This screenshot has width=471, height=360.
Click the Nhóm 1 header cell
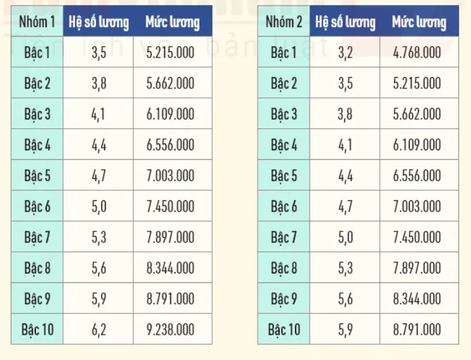(x=37, y=23)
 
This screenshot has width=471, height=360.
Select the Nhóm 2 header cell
(x=284, y=23)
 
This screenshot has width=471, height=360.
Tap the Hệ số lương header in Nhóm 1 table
(x=99, y=23)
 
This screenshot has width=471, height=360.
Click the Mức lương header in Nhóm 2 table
(x=419, y=23)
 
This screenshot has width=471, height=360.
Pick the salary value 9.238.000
(x=170, y=329)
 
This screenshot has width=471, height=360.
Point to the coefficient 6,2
(x=98, y=329)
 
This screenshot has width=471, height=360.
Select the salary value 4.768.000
(x=417, y=53)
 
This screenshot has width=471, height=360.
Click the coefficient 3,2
(x=345, y=53)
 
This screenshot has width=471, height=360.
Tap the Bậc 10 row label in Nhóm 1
(x=37, y=329)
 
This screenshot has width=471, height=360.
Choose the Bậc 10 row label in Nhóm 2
(x=284, y=329)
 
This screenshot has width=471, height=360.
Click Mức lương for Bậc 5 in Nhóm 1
(x=170, y=176)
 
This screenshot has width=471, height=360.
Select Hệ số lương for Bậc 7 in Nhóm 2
(x=345, y=237)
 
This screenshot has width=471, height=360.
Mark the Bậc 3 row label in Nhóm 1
(x=37, y=114)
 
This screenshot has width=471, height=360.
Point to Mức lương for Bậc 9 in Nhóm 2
(x=417, y=298)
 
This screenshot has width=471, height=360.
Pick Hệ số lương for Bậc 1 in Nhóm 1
(x=98, y=53)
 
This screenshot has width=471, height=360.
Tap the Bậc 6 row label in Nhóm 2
(x=284, y=207)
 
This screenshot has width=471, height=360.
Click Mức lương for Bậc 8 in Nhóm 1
(x=170, y=268)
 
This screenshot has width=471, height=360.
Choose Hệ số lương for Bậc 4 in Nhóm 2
(x=345, y=145)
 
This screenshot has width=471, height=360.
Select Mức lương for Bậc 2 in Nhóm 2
(x=417, y=83)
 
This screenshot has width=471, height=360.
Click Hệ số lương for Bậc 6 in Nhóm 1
(x=98, y=207)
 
